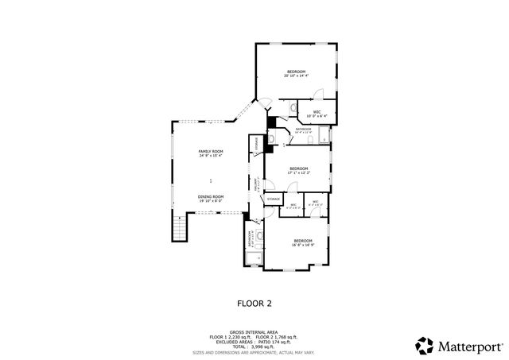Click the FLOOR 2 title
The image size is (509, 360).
(x=254, y=303)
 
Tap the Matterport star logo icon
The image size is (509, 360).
(x=424, y=346)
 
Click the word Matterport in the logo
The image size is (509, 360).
(x=469, y=346)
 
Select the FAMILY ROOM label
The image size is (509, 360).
(x=211, y=151)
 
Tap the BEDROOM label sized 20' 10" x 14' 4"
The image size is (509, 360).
(x=296, y=72)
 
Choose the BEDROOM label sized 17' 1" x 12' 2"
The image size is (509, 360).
(x=298, y=168)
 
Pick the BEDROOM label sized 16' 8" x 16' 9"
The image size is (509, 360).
(x=302, y=241)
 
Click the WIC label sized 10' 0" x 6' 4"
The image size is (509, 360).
(x=317, y=111)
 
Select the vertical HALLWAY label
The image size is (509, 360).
(x=255, y=185)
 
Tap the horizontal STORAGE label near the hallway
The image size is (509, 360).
(x=273, y=198)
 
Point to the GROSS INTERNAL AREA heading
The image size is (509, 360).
(x=254, y=332)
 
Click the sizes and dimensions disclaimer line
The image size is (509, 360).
(x=254, y=350)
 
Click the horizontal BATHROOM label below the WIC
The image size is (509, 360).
(x=303, y=128)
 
